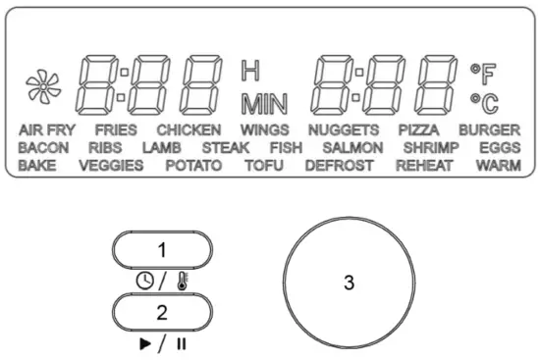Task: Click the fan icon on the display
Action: [x=42, y=81]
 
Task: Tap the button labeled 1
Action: [x=163, y=249]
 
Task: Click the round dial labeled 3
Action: [x=348, y=282]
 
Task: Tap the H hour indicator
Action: [x=250, y=71]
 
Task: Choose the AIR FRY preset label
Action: [x=46, y=129]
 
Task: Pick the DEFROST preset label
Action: [x=339, y=165]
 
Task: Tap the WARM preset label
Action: [x=498, y=165]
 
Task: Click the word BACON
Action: [x=43, y=147]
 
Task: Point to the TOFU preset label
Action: [x=263, y=165]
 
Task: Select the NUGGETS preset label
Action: [x=343, y=129]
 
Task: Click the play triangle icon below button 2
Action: [x=147, y=342]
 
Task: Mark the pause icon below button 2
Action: [x=181, y=342]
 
